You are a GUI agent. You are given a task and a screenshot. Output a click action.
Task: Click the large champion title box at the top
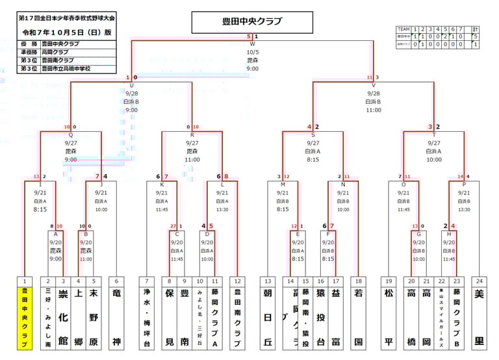coord(252,21)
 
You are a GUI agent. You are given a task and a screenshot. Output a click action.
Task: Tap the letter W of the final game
coord(252,44)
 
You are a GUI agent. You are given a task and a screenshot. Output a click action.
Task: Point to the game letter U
coord(132,85)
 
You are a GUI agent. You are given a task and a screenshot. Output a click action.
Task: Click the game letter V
coord(373,85)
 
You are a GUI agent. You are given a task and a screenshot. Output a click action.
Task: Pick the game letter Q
coord(71,135)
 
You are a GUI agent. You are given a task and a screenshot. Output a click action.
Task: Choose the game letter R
coord(192,135)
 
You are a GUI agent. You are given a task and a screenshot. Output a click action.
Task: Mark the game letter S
coord(313,135)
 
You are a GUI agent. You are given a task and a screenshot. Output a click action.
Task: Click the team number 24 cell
coord(480,281)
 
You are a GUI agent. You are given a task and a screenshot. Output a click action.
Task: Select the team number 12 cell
coord(237,281)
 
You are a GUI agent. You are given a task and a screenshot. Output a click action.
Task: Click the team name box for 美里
coord(480,318)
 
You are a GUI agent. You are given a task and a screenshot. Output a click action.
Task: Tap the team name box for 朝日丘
coord(267,318)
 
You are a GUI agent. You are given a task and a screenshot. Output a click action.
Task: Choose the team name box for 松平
coord(389,318)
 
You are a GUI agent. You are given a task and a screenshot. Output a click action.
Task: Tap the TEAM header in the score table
coord(403,29)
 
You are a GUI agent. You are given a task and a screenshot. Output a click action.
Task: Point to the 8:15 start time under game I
coord(40,209)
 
